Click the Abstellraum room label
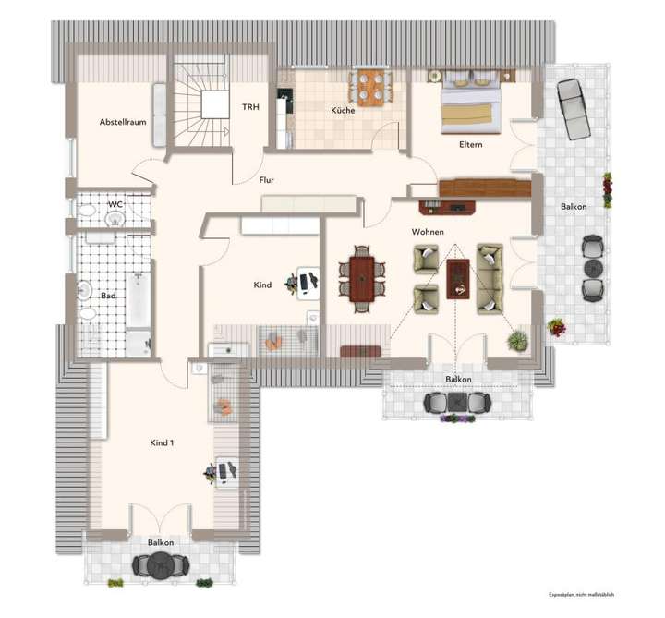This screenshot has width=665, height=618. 125,122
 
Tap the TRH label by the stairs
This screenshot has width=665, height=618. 249,108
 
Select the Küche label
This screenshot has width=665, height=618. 344,111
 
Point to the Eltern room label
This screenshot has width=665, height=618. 471,145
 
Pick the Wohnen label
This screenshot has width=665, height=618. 429,232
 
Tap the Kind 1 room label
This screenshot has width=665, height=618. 162,443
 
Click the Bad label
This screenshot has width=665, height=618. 108,296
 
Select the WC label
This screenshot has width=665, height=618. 115,204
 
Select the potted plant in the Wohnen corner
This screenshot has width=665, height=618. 517,340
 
